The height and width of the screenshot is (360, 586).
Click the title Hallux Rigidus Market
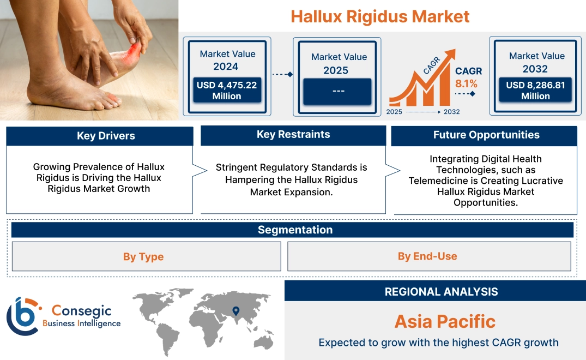click(380, 16)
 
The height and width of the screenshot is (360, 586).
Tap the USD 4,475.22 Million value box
click(227, 91)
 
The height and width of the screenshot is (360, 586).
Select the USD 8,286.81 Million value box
click(535, 91)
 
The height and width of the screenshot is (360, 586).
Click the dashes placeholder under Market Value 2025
click(337, 91)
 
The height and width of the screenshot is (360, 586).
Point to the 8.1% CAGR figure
click(466, 83)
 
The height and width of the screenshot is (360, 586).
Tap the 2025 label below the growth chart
click(395, 112)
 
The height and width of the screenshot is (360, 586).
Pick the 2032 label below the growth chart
click(451, 112)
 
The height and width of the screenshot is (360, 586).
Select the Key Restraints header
click(293, 135)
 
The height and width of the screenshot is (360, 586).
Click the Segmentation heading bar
click(295, 230)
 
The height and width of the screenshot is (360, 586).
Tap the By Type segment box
click(143, 256)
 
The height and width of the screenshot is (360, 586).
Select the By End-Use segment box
click(427, 256)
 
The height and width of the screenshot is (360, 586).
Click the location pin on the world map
click(235, 311)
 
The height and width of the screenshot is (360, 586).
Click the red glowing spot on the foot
click(134, 53)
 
